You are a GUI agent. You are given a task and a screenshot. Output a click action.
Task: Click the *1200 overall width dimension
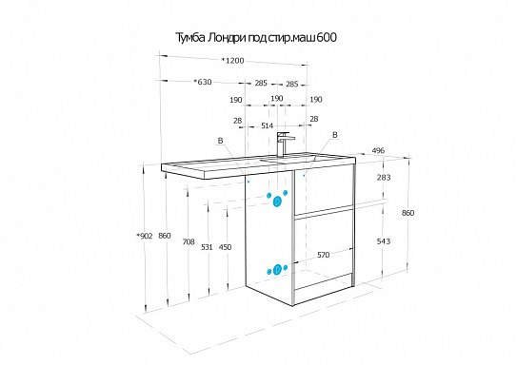(232, 61)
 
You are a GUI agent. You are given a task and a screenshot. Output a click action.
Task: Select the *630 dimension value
(203, 82)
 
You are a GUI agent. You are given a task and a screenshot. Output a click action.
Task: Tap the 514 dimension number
(268, 125)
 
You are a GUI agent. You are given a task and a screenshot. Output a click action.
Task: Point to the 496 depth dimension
(378, 151)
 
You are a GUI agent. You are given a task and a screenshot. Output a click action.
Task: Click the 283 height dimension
(384, 178)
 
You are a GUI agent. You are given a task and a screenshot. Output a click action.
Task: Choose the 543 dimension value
(384, 241)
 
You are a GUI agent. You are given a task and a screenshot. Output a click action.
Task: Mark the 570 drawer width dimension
(323, 255)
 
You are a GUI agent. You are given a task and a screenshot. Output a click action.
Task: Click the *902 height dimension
(145, 236)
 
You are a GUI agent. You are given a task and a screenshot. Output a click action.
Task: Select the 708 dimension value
(189, 242)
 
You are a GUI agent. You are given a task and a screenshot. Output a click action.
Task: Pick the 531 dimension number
(207, 247)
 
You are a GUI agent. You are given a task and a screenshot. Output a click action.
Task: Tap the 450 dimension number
(226, 247)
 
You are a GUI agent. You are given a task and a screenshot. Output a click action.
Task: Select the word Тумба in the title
(189, 38)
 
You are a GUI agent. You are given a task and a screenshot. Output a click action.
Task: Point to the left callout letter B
(220, 141)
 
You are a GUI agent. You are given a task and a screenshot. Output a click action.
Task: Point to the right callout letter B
(335, 135)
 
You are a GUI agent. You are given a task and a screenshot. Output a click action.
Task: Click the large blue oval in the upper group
(277, 202)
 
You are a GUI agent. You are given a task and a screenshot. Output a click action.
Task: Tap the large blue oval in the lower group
(278, 270)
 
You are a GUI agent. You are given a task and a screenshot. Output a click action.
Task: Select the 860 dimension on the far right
(408, 213)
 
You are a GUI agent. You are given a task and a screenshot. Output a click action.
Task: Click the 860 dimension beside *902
(165, 236)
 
